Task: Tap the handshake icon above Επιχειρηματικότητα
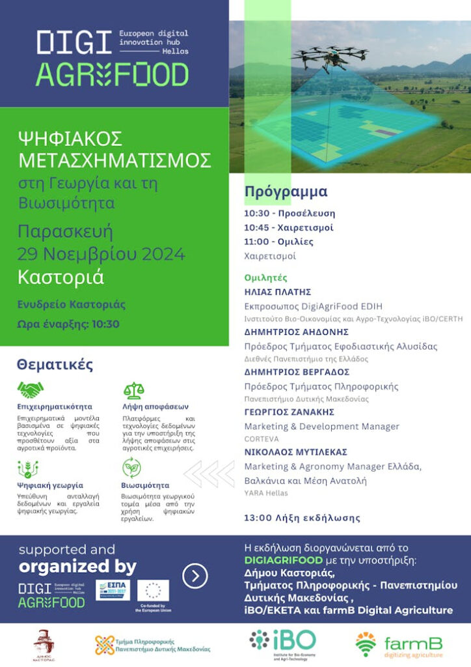pos(31,391)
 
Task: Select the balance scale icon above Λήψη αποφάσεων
pos(133,391)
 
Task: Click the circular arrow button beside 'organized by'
pos(195,576)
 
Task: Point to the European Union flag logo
pos(154,590)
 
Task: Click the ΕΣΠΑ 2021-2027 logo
pos(113,589)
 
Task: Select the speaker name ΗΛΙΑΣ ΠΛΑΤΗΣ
pos(277,291)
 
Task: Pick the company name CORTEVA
pos(261,440)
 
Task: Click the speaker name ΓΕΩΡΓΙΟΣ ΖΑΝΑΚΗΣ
pos(289,412)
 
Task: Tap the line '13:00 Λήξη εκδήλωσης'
pos(302,518)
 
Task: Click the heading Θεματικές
pos(55,364)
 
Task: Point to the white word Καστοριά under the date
pos(61,277)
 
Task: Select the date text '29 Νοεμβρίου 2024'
pos(101,254)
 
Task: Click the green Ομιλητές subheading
pos(265,277)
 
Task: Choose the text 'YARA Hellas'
pos(266,493)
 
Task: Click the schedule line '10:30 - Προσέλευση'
pos(289,213)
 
